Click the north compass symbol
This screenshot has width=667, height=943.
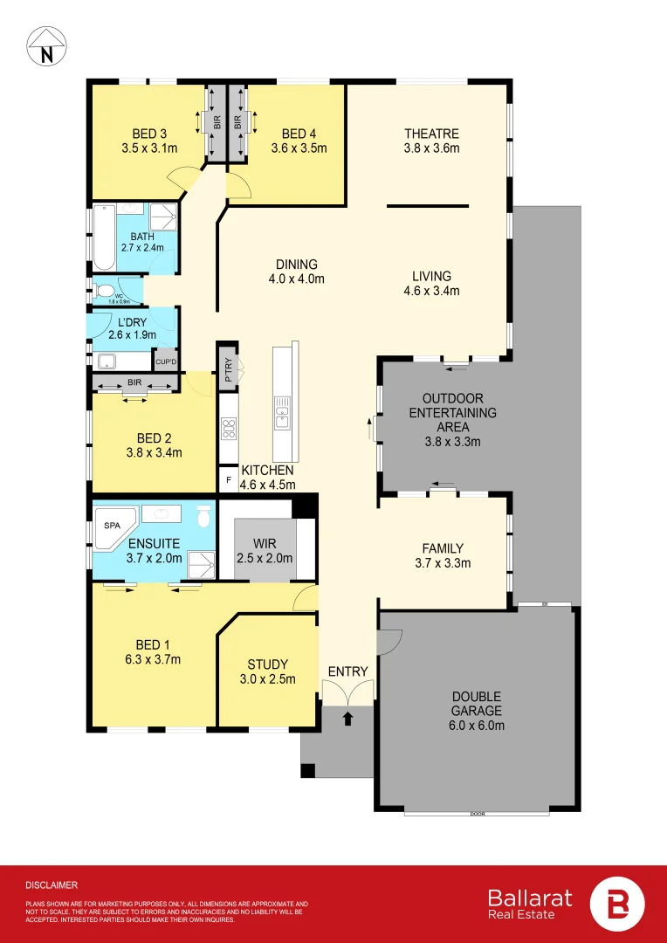[x=45, y=46]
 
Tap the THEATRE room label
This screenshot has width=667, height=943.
[x=431, y=134]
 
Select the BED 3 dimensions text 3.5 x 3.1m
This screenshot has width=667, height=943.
[x=149, y=148]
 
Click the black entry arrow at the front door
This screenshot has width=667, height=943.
[x=348, y=719]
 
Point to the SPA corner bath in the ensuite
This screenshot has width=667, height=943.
[x=113, y=527]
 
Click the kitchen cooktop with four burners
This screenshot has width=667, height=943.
[x=229, y=428]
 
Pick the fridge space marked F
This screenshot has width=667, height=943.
[x=228, y=480]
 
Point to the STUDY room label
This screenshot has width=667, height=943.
[x=267, y=664]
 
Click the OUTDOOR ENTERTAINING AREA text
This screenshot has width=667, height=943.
[x=452, y=413]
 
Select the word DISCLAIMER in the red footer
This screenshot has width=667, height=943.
[x=52, y=884]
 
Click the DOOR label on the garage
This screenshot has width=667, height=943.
[x=477, y=814]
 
